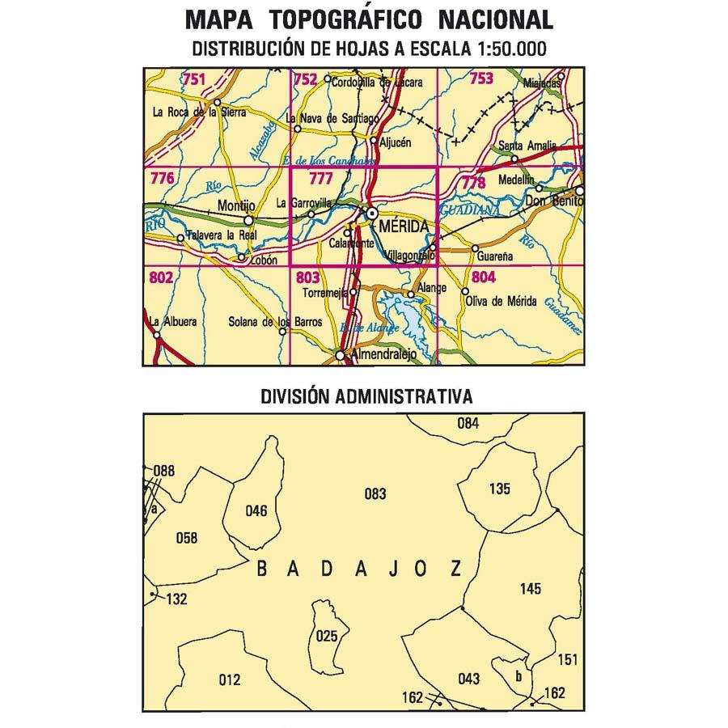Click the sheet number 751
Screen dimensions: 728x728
[x=194, y=78]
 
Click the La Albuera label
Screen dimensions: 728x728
[x=173, y=321]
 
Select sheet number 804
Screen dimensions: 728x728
[x=483, y=277]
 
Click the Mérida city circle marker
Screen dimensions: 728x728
[x=371, y=214]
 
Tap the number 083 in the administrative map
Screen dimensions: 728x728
[x=375, y=494]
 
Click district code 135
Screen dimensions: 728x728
[x=501, y=489]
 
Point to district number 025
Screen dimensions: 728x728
[x=327, y=636]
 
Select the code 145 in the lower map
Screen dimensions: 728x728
[x=531, y=589]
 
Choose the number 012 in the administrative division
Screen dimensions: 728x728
[x=230, y=680]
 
